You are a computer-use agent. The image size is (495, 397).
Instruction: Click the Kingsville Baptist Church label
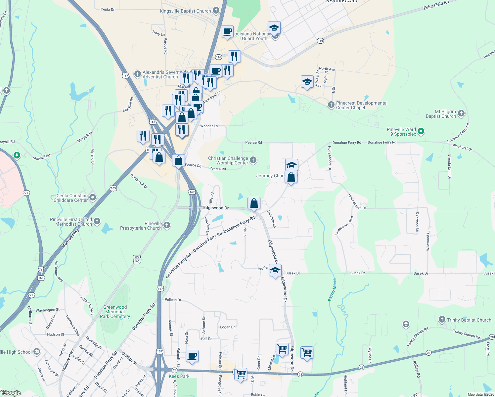click(185, 11)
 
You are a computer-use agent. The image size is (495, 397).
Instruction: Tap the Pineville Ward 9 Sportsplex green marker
click(421, 131)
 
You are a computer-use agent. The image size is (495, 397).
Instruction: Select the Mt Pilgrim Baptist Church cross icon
click(461, 113)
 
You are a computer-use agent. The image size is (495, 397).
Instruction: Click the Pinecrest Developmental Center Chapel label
click(362, 105)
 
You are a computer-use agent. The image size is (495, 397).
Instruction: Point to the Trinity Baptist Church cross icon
click(442, 320)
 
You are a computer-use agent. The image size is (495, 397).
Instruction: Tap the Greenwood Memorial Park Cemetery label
click(115, 312)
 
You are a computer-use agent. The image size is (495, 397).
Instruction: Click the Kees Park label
click(179, 376)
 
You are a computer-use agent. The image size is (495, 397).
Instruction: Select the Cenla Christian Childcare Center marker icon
click(93, 198)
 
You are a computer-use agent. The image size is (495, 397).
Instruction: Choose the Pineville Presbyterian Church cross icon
click(167, 225)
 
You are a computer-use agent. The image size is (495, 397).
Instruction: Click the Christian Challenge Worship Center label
click(228, 160)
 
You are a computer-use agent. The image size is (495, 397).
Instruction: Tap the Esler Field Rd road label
click(436, 5)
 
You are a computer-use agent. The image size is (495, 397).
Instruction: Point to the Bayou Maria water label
click(332, 290)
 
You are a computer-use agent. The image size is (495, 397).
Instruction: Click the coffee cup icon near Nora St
click(192, 356)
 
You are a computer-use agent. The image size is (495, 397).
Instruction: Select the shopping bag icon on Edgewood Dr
click(254, 203)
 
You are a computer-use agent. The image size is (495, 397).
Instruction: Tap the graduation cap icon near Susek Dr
click(275, 270)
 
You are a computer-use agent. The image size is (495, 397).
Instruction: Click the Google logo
click(11, 393)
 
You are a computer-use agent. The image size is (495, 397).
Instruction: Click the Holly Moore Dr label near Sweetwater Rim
click(357, 202)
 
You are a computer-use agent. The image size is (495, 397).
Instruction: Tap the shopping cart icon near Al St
click(241, 374)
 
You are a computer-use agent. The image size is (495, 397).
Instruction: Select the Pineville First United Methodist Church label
click(71, 222)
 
